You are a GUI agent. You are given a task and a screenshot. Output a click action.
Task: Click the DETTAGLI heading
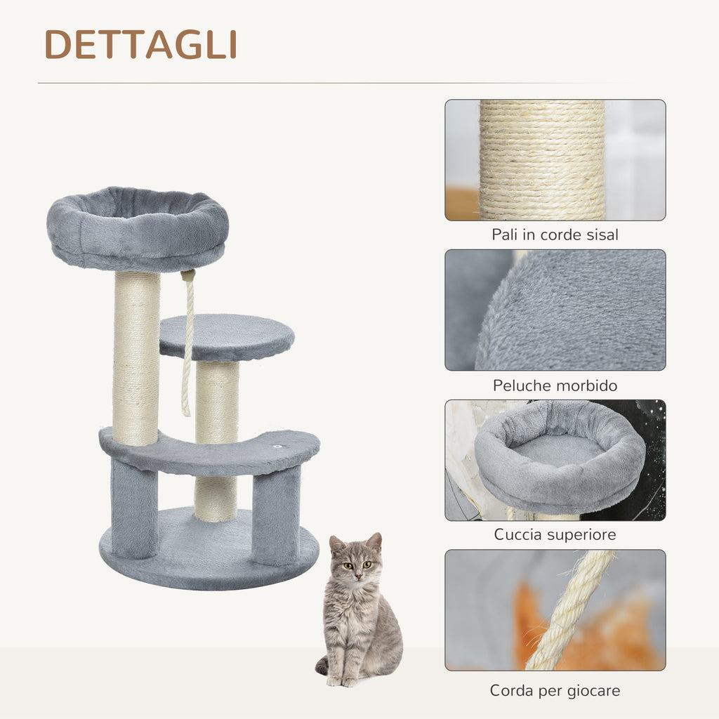click(140, 44)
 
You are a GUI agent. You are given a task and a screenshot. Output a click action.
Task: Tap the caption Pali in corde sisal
click(555, 235)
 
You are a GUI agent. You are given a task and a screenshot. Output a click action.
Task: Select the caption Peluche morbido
click(555, 385)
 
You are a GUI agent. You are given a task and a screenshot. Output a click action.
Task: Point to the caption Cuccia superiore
click(555, 534)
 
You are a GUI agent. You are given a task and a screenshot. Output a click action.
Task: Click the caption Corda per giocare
click(555, 691)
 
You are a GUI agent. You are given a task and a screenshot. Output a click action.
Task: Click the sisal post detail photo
click(555, 160)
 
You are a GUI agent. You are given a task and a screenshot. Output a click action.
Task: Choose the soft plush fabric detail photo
click(555, 310)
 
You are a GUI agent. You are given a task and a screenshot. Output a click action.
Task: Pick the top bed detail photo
click(555, 460)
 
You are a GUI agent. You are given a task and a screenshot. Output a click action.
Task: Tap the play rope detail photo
click(555, 610)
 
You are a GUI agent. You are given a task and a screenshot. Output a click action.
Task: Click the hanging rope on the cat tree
click(187, 343)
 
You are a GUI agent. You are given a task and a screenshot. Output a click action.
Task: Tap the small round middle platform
click(227, 337)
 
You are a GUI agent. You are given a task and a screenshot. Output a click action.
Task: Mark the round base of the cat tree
click(209, 550)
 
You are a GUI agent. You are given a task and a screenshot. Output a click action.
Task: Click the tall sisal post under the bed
click(136, 358)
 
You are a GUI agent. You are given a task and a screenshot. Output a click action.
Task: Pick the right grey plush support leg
click(276, 515)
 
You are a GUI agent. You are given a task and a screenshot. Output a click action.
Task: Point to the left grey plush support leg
click(134, 509)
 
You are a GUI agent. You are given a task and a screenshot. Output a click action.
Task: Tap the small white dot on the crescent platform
click(277, 446)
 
